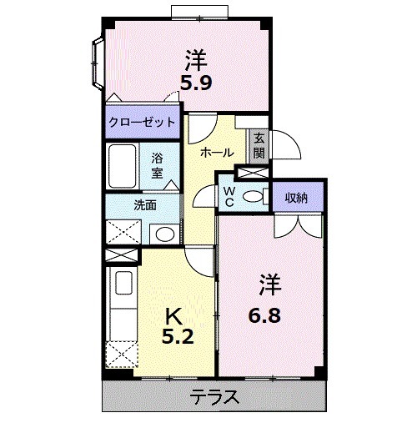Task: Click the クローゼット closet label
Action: (143, 122)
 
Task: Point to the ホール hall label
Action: (217, 152)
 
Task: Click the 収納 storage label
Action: (296, 198)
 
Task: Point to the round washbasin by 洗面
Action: (165, 233)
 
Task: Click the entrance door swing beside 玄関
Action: (284, 146)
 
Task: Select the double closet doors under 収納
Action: (296, 223)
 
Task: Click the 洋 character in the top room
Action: (196, 60)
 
